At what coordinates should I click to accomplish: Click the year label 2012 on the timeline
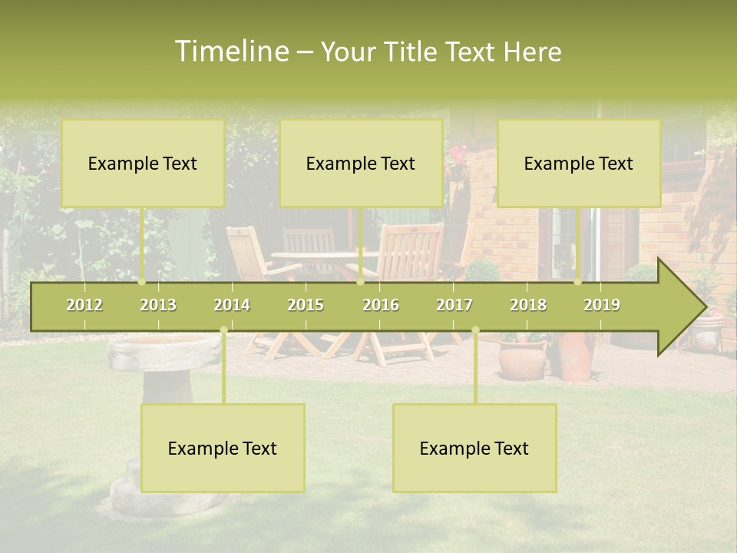point(84,305)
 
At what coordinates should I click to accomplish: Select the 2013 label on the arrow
point(158,305)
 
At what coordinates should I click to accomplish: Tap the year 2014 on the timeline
point(232,305)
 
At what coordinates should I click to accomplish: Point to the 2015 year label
point(306,305)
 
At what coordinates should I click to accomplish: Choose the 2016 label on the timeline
point(381,305)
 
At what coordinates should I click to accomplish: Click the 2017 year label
point(454,305)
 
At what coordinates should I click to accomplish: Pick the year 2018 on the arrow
point(528,305)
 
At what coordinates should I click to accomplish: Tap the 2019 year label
point(602,305)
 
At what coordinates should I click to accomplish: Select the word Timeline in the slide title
point(231,51)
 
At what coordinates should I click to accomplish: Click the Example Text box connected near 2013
point(143,163)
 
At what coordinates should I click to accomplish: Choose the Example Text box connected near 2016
point(361,163)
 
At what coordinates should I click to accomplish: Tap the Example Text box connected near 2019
point(579,163)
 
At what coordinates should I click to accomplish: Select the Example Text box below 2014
point(223,448)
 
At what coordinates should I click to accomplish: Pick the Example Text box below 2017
point(474,448)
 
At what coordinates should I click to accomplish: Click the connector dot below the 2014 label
point(223,330)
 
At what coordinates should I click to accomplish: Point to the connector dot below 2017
point(475,330)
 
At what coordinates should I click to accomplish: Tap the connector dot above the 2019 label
point(578,281)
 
